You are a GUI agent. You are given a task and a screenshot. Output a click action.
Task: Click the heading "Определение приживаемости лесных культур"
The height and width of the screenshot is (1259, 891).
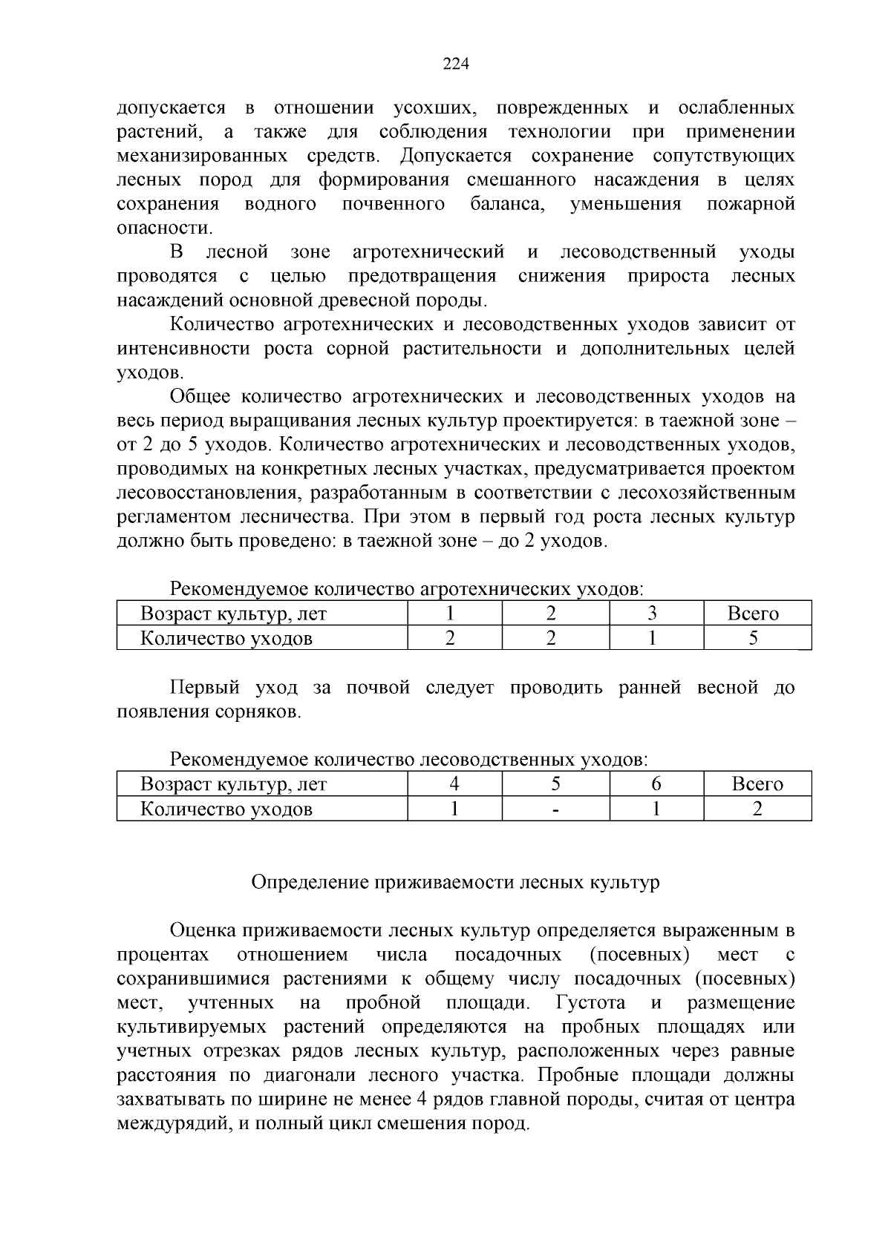[x=455, y=882]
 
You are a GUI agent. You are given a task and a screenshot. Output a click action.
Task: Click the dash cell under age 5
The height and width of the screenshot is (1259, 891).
[x=555, y=809]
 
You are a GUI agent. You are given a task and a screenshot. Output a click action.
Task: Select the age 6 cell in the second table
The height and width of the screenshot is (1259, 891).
[x=656, y=784]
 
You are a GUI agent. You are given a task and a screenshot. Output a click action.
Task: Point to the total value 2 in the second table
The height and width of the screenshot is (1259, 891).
[x=757, y=809]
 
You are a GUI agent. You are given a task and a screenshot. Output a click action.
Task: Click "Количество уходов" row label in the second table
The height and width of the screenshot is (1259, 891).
[x=226, y=809]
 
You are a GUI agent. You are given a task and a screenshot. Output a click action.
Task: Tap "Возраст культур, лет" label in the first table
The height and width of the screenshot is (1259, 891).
[x=233, y=614]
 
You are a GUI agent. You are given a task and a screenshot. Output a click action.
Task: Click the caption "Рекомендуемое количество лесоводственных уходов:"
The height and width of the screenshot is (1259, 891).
[x=409, y=760]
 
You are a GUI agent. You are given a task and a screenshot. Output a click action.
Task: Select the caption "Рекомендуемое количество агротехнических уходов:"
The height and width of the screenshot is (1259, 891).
[x=407, y=589]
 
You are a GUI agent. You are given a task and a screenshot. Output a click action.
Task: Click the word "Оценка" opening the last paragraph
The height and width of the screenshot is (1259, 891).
[x=200, y=930]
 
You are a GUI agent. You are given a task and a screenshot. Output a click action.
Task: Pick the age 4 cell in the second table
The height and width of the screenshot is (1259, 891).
[x=454, y=784]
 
